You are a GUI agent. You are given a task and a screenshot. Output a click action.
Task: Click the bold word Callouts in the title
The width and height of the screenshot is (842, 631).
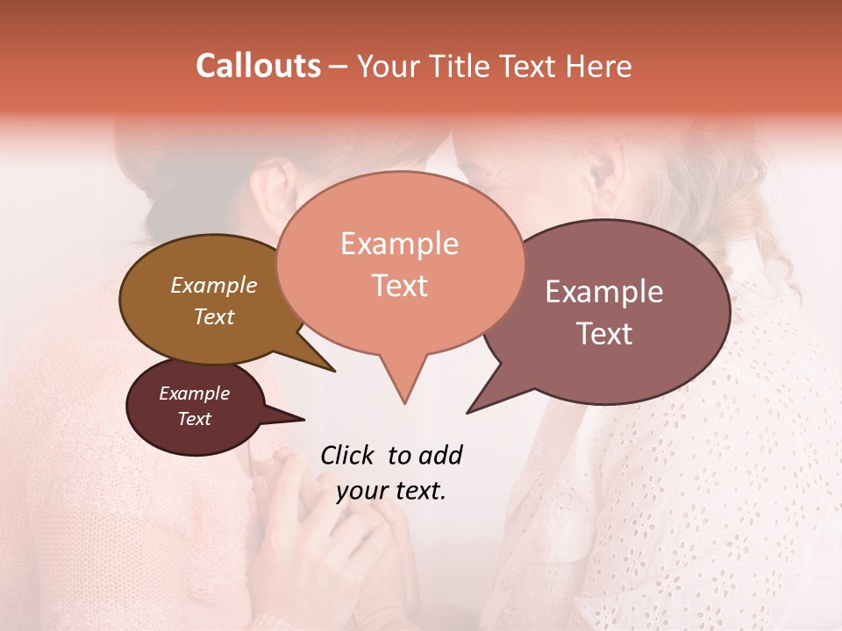(x=258, y=66)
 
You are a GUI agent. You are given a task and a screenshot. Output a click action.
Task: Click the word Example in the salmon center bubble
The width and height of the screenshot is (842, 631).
(x=399, y=244)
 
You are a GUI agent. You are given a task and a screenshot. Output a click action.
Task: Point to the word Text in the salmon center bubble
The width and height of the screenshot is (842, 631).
(x=399, y=286)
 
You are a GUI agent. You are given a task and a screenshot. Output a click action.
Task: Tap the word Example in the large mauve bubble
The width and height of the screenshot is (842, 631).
(x=604, y=292)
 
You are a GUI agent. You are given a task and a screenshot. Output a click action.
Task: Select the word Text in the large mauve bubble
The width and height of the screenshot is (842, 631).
(x=604, y=334)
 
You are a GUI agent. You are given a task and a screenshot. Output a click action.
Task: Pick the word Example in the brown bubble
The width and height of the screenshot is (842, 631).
(x=213, y=285)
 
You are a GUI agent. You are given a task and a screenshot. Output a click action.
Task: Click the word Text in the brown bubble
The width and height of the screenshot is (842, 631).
(x=213, y=316)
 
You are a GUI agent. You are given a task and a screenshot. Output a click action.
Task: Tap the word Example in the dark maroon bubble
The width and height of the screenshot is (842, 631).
(x=194, y=393)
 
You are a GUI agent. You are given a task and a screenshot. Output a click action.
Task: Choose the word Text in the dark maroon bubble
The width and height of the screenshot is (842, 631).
(x=194, y=419)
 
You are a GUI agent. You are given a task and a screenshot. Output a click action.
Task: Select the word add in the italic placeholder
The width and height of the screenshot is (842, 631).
(x=440, y=455)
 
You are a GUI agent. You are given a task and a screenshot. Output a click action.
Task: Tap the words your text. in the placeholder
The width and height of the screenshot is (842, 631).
(x=391, y=491)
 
